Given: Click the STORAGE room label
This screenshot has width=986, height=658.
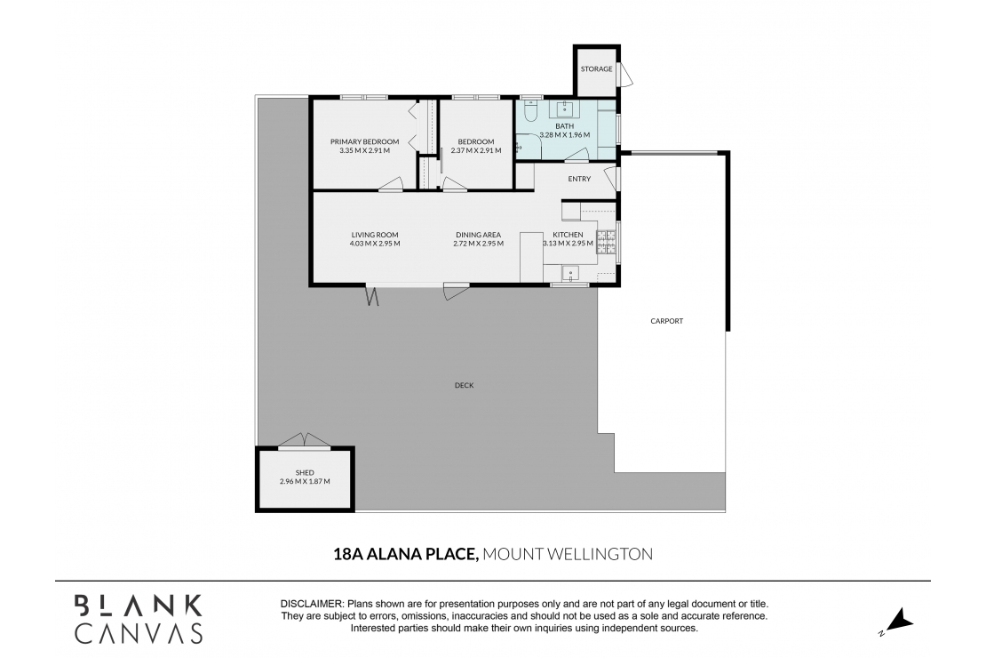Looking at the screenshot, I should [x=596, y=69].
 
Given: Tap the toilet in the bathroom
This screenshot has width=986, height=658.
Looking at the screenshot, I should [x=531, y=111].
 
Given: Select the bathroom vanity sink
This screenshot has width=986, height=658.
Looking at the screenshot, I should [x=565, y=110].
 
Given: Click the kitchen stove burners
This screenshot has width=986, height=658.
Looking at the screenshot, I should [x=608, y=240].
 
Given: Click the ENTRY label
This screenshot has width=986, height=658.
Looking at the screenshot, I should [x=579, y=179].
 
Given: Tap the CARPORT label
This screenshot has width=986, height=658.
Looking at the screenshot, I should [x=666, y=321].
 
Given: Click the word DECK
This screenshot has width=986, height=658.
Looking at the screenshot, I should [x=464, y=385].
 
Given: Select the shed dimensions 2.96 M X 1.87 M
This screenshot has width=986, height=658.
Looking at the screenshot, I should [x=304, y=481].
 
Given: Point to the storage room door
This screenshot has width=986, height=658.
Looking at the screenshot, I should [x=625, y=74].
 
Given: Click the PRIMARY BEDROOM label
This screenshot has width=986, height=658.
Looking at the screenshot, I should [x=364, y=141].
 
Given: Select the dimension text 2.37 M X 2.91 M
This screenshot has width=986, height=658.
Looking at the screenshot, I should [x=476, y=150].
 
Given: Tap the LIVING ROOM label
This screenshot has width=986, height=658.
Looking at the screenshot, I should [x=374, y=235].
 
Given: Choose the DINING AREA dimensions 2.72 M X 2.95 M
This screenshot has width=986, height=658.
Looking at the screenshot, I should [x=478, y=244].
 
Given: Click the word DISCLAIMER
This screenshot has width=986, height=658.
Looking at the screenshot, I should [x=311, y=604].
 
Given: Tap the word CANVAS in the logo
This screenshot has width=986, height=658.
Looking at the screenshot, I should [x=138, y=632].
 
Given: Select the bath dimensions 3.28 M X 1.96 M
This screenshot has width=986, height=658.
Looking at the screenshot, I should [x=565, y=135].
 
